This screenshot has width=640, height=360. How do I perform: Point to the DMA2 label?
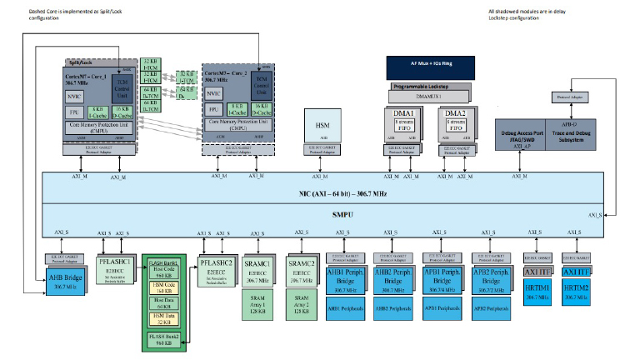pyautogui.click(x=454, y=113)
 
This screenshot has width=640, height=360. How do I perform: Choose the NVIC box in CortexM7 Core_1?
pyautogui.click(x=74, y=96)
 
